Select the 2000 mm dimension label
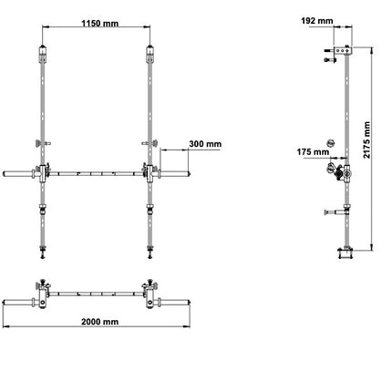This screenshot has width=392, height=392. tap(97, 321)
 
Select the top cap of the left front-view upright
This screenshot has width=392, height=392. tap(41, 48)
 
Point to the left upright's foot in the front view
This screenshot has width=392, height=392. tap(42, 247)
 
